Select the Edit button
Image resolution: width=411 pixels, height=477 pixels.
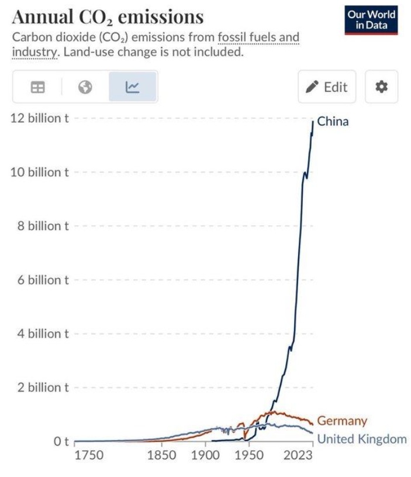pyautogui.click(x=327, y=87)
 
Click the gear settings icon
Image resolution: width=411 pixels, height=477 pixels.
pyautogui.click(x=381, y=87)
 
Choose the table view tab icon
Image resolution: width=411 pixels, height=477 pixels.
pyautogui.click(x=37, y=87)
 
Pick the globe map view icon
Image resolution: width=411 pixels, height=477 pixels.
pyautogui.click(x=85, y=87)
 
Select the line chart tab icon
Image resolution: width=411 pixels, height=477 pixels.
pyautogui.click(x=133, y=87)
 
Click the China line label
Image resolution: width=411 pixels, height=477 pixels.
pyautogui.click(x=333, y=122)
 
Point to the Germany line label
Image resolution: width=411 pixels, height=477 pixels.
pyautogui.click(x=342, y=420)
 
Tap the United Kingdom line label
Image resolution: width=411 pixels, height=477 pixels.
pyautogui.click(x=361, y=439)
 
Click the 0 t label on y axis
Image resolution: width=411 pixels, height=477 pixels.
pyautogui.click(x=62, y=441)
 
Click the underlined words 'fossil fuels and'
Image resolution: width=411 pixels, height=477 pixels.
pyautogui.click(x=258, y=38)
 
